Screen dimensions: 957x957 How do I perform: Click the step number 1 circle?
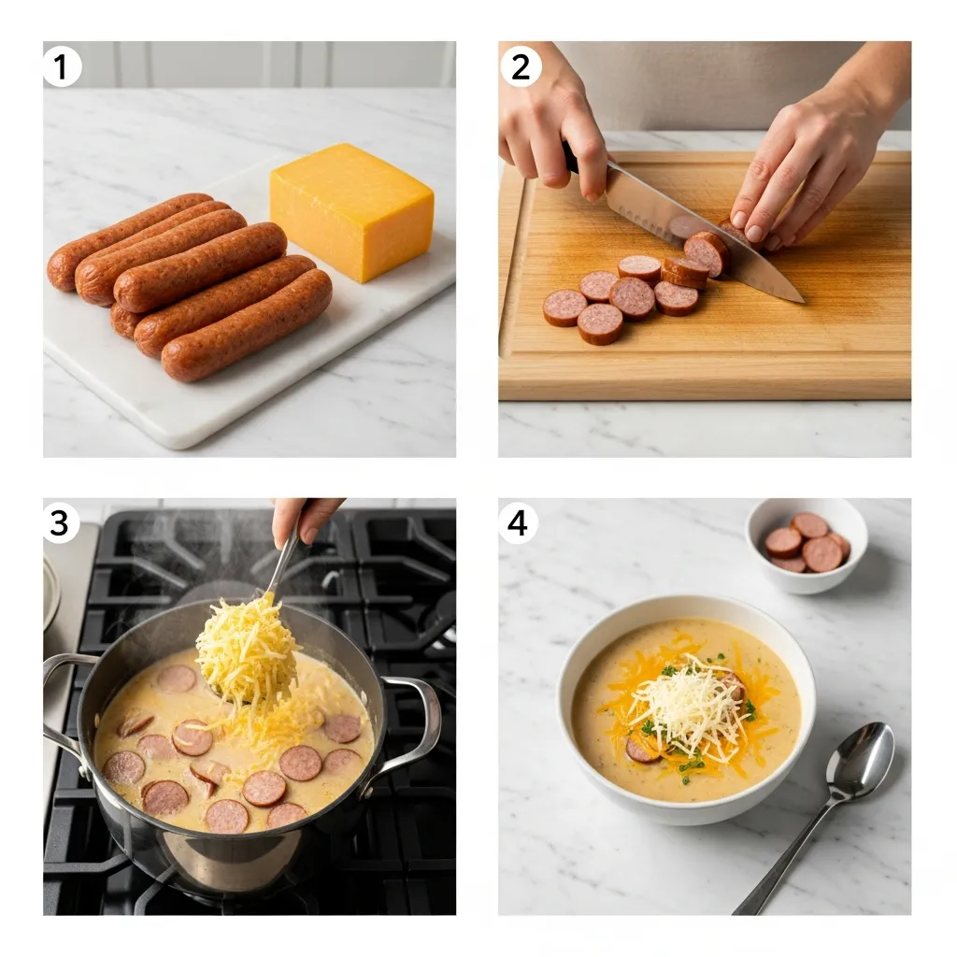[x=62, y=67]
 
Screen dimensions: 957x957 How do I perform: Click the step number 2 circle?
[x=521, y=67]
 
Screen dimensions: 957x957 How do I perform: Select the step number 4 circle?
[x=518, y=522]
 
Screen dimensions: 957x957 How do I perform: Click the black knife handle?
[x=571, y=158]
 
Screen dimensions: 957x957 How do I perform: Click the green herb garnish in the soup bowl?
[x=692, y=766]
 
